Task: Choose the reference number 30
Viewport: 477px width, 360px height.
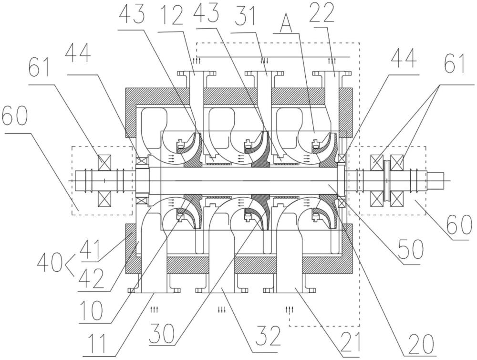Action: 162,334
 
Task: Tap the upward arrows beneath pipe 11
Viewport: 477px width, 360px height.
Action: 154,310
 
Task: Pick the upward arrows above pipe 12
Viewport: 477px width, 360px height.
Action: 195,61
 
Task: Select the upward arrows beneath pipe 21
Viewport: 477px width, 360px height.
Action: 289,310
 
